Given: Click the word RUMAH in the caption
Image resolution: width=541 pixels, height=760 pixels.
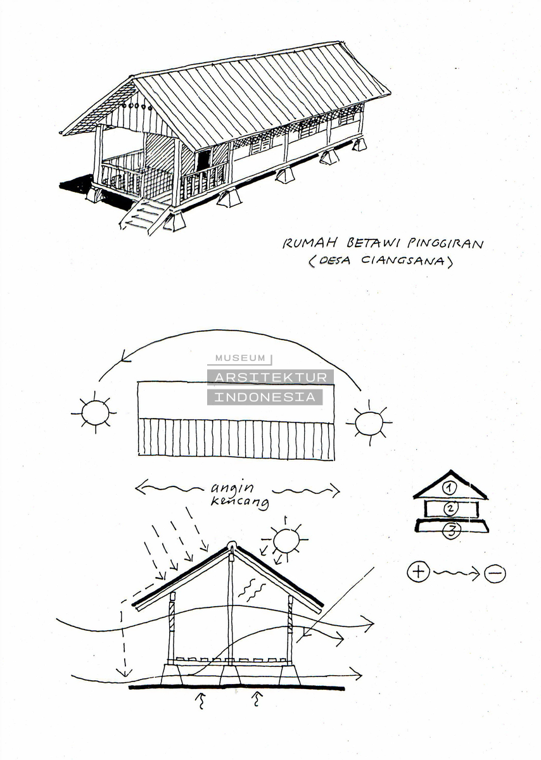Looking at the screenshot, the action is pyautogui.click(x=310, y=243).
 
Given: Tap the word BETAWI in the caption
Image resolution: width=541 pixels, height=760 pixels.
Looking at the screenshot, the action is pyautogui.click(x=373, y=243).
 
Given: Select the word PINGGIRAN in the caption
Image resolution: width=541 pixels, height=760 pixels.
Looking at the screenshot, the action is pyautogui.click(x=446, y=243).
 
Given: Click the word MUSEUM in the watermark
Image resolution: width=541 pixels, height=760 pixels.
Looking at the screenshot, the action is pyautogui.click(x=240, y=358).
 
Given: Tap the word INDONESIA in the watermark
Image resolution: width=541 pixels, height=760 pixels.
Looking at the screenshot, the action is pyautogui.click(x=265, y=397).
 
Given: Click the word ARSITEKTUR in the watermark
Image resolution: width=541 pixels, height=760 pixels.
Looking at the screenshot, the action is pyautogui.click(x=270, y=377).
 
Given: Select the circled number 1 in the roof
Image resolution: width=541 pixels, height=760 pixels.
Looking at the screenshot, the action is pyautogui.click(x=450, y=488).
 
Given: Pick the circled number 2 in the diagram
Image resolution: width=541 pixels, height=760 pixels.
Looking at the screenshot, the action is pyautogui.click(x=450, y=508).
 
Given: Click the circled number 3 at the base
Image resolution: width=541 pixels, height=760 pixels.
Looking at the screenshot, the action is pyautogui.click(x=452, y=531).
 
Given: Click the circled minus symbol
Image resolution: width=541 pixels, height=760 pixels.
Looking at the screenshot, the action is pyautogui.click(x=495, y=573).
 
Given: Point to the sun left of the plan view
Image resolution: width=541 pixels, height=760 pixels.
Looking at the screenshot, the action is pyautogui.click(x=95, y=412).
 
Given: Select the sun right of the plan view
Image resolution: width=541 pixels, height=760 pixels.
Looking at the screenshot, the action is pyautogui.click(x=369, y=422).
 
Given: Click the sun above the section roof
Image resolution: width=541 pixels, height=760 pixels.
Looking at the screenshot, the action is pyautogui.click(x=286, y=540).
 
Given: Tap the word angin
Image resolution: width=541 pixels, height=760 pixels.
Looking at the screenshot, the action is pyautogui.click(x=232, y=488).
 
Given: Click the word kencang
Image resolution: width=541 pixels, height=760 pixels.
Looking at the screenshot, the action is pyautogui.click(x=239, y=502).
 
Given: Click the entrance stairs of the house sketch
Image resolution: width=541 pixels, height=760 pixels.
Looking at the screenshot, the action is pyautogui.click(x=144, y=216).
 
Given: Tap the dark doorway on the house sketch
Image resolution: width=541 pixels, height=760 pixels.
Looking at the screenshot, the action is pyautogui.click(x=203, y=160).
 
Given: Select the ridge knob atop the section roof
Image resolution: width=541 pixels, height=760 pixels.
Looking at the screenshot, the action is pyautogui.click(x=231, y=545).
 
